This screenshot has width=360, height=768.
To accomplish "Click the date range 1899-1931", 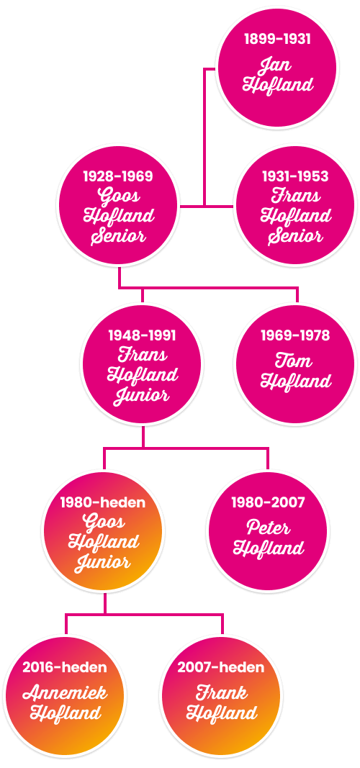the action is [x=277, y=39].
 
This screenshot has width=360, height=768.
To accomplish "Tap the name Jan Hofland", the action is [x=278, y=76].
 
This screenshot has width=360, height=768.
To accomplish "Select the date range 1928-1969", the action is [x=117, y=176].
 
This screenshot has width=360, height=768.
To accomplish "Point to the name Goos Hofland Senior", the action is [x=119, y=216].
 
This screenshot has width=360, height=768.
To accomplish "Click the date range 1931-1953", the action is [x=295, y=176].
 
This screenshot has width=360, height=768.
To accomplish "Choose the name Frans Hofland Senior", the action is [x=296, y=216].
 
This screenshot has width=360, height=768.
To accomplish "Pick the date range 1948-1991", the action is [x=142, y=335].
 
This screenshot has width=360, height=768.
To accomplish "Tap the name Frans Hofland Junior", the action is [x=143, y=375].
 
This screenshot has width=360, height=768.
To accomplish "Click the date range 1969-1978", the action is [x=295, y=335].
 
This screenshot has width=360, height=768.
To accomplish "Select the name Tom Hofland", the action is [x=296, y=371].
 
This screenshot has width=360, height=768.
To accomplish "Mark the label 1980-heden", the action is [x=103, y=502].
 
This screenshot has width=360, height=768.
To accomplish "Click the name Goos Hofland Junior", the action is [x=104, y=543].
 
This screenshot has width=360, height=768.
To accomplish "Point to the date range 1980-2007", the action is [x=268, y=502].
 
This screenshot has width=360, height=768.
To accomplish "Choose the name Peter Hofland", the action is [x=269, y=538].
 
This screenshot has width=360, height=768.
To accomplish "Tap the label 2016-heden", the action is [x=65, y=667].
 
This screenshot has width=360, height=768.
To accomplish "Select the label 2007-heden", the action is [x=221, y=667].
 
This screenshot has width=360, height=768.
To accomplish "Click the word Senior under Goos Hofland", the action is [x=119, y=237].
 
